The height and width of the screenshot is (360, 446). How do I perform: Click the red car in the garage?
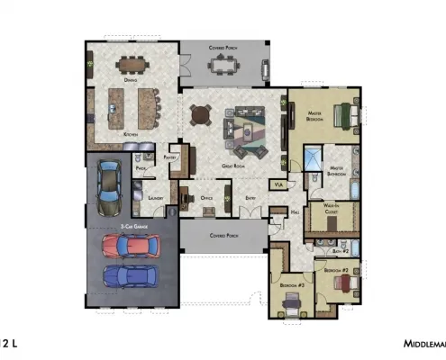(x=132, y=245)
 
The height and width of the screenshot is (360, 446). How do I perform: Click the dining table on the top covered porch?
(x=223, y=64)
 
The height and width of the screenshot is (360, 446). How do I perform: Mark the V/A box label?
(x=278, y=184)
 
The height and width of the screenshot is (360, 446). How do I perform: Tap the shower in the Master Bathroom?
(x=310, y=159)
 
